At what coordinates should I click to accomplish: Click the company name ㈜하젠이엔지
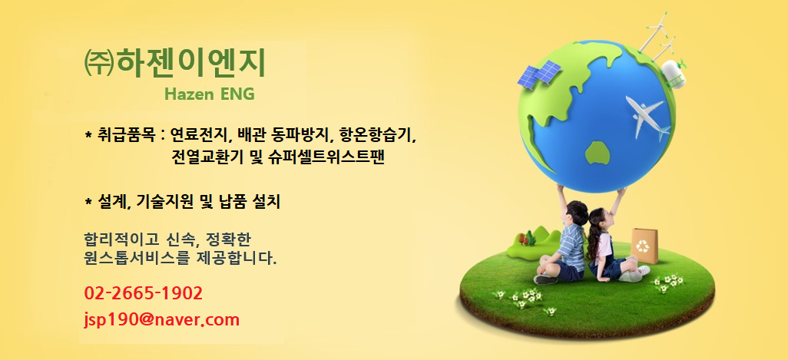pos(174,63)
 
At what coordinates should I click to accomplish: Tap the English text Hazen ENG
pos(210,94)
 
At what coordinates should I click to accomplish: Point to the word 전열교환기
pos(207,157)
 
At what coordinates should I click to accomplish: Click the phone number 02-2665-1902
pos(144,293)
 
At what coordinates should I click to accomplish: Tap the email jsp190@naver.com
pos(162,320)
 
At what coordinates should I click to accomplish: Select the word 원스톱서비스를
pos(137,259)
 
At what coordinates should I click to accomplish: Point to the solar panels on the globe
pos(539,74)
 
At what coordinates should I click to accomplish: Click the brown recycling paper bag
pos(644,246)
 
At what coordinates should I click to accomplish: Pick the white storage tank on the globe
pos(673,74)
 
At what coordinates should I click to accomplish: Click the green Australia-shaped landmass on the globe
pos(598,153)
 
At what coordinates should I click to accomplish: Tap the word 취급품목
pos(127,135)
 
